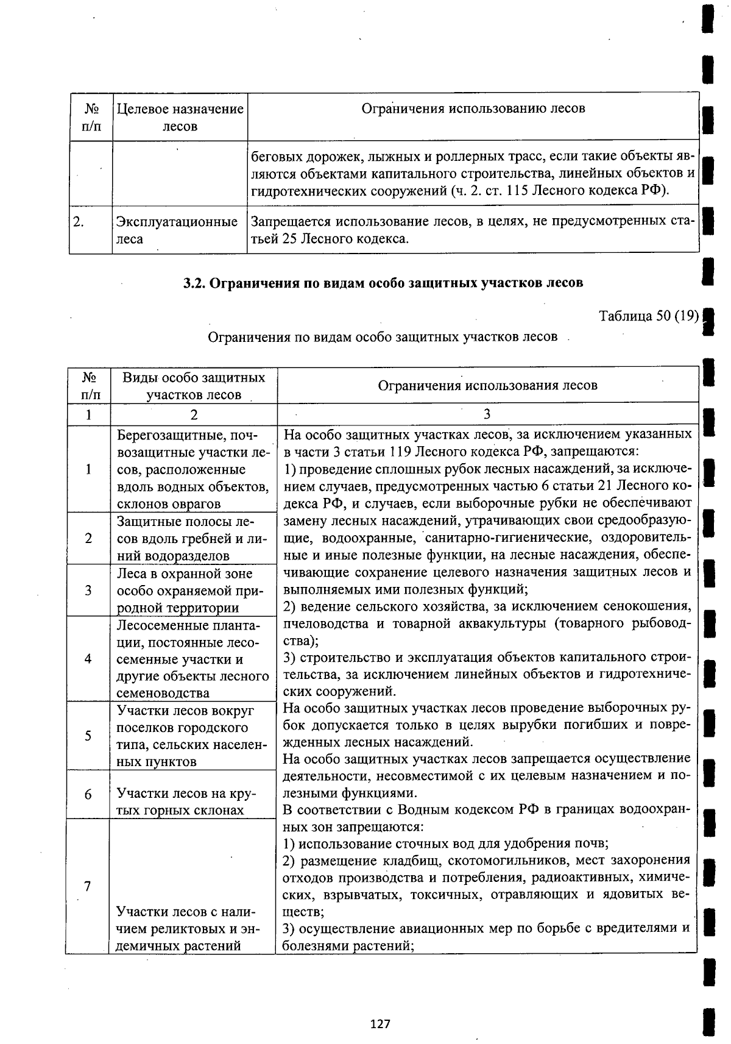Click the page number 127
380,1023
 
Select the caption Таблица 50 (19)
648,316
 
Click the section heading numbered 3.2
384,283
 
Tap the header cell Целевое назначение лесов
180,118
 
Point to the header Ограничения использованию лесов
473,108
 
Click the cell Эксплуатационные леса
177,230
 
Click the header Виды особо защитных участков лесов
194,386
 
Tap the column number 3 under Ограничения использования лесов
487,414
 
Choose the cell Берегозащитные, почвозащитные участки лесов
192,469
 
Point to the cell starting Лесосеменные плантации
192,659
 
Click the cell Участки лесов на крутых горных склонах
186,801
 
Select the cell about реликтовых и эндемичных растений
186,928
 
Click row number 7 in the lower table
88,886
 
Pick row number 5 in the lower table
88,736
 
